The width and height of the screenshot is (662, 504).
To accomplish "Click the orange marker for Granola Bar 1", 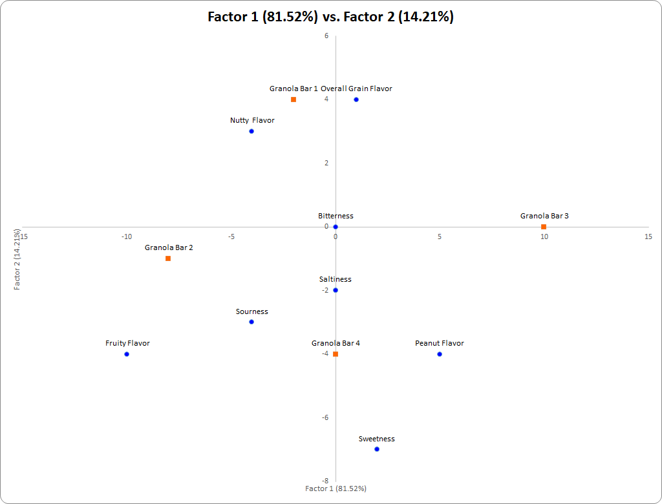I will click(294, 100).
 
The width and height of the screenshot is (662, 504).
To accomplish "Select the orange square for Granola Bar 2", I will click(168, 258).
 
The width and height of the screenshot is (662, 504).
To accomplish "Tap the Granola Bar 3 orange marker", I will click(544, 227).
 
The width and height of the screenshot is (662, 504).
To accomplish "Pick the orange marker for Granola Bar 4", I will click(336, 354).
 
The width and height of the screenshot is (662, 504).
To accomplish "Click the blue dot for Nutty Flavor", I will click(251, 131).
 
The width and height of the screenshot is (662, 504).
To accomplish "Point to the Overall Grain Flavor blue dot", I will click(356, 100).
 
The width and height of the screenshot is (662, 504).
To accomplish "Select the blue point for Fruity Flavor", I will click(127, 354).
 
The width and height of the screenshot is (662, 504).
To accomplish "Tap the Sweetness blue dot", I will click(377, 449).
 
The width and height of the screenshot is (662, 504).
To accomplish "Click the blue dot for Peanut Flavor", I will click(440, 354).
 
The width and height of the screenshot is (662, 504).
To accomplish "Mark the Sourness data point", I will click(251, 322).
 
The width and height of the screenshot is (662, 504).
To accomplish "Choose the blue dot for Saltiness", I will click(336, 290).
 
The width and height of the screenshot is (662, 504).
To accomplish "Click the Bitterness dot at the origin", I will click(336, 227).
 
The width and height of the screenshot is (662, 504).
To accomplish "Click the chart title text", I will click(330, 17).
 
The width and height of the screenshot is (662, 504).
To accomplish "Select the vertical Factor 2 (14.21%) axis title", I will click(18, 258).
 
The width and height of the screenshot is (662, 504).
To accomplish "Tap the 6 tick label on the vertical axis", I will click(326, 36).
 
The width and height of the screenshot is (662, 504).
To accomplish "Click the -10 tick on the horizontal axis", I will click(127, 236).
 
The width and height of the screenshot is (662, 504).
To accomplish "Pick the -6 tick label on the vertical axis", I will click(325, 417).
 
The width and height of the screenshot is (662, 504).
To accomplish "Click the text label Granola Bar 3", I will click(544, 216).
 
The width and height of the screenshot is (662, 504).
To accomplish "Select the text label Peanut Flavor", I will click(440, 343).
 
